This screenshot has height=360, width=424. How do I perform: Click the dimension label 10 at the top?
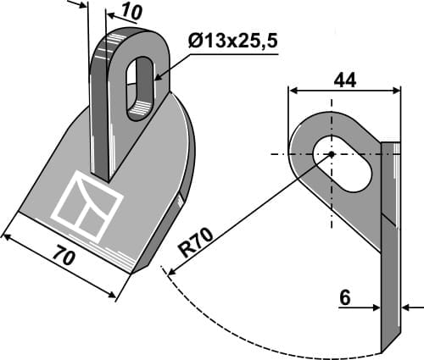131,11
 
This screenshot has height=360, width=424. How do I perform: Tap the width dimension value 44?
343,79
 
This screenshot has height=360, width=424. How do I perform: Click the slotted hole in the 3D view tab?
139,87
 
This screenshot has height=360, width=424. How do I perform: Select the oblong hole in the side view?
343,164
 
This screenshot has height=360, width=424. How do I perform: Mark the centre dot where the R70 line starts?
331,154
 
